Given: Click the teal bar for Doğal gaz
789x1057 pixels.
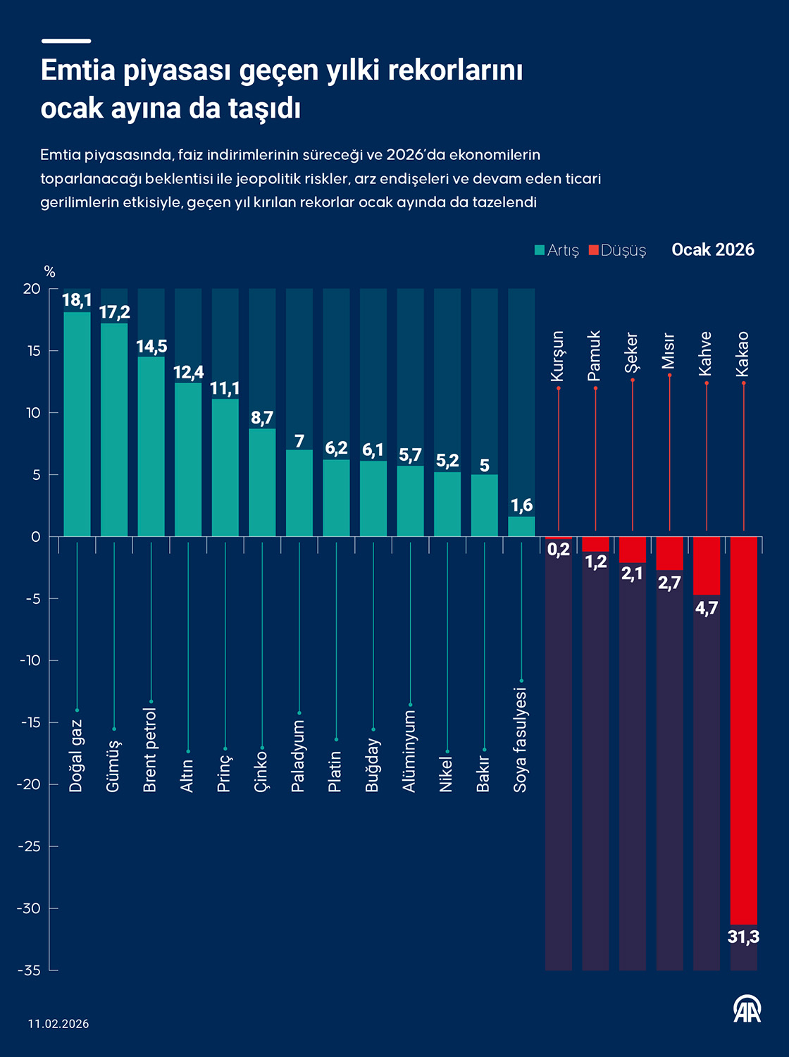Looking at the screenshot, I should click(77, 424).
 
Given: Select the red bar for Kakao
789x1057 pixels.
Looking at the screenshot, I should click(744, 730).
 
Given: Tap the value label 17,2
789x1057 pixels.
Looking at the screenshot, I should click(114, 312).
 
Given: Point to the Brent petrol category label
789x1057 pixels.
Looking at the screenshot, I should click(150, 750).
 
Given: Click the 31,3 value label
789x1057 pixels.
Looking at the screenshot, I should click(744, 937).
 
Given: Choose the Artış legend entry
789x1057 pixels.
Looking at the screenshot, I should click(557, 250).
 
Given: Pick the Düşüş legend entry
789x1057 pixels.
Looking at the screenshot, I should click(618, 250).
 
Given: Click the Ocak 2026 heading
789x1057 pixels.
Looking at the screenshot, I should click(713, 249).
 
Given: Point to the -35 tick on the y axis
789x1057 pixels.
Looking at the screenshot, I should click(30, 970).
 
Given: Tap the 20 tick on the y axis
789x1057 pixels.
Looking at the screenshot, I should click(32, 289).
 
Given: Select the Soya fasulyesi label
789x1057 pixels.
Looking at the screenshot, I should click(521, 740).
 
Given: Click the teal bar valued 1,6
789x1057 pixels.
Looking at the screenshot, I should click(521, 526).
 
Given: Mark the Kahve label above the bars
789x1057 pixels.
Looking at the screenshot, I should click(706, 354).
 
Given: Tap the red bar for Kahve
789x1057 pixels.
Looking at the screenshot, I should click(707, 565).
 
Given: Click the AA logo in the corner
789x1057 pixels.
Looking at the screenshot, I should click(747, 1009).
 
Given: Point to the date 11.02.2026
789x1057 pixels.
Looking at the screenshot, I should click(59, 1024).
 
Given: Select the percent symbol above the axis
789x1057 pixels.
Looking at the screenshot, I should click(49, 272).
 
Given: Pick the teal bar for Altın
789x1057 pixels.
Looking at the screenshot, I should click(188, 459).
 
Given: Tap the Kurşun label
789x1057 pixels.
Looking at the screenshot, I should click(558, 356).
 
